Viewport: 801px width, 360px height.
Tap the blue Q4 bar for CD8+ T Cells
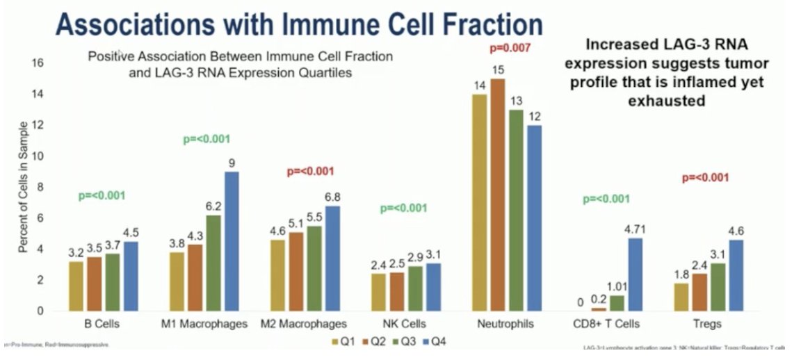(x=635, y=275)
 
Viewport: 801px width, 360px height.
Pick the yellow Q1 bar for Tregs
(x=681, y=297)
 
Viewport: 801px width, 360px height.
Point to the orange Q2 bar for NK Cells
(x=397, y=291)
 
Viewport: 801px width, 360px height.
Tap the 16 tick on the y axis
(x=39, y=63)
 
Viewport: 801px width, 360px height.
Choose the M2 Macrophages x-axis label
(x=303, y=324)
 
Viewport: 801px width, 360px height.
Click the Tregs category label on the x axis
(x=707, y=324)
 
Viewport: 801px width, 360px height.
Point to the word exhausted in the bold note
(x=666, y=101)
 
